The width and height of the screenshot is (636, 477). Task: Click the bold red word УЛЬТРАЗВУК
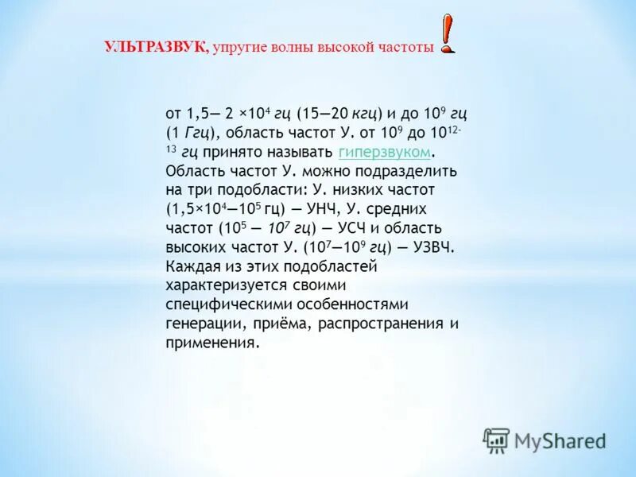click(x=156, y=48)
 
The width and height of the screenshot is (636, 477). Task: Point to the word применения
click(x=211, y=343)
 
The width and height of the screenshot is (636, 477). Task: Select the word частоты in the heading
click(x=405, y=48)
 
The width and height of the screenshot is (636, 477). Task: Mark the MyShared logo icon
click(x=496, y=440)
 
